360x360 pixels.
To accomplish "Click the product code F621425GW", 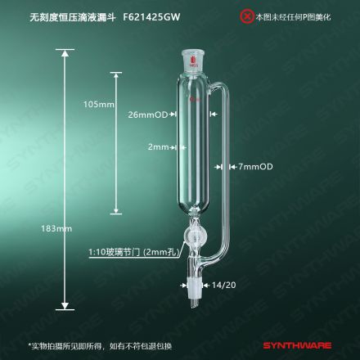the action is point(151,17).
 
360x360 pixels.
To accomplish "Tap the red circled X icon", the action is point(246,16).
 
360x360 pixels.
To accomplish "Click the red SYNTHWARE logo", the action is point(297,346).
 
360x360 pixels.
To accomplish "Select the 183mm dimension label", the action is point(56,228).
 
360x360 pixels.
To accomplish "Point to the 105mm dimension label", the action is point(99,105).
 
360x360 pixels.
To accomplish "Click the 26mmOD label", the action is point(148,115).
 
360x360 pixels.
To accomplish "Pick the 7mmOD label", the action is point(255,167).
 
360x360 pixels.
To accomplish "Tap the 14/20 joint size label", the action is point(223,286).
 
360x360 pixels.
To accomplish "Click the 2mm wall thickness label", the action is point(159,147).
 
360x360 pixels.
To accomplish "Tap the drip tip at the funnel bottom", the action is point(194,304).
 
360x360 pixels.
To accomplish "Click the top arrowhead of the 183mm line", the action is point(65,53).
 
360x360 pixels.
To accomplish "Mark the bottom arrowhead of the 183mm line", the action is point(65,306).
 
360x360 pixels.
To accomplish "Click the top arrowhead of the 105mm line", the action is point(116,76).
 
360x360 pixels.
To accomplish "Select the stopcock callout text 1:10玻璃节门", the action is point(115,252).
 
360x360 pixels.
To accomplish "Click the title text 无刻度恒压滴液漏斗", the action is point(73,17).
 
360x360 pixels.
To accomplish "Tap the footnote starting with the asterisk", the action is point(100,346).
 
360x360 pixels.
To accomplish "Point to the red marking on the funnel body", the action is point(193,99).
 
